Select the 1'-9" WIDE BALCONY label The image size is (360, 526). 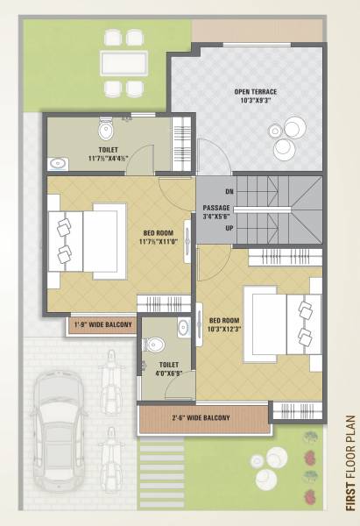(x=102, y=325)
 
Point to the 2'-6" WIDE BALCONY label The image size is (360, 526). (x=201, y=417)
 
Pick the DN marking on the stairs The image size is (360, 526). (x=229, y=190)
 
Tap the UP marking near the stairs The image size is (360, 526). (x=229, y=228)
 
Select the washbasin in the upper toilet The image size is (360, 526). (x=59, y=162)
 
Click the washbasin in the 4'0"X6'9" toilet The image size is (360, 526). (x=182, y=329)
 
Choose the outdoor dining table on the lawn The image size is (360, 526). (x=123, y=62)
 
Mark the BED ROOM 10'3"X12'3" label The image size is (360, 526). (x=224, y=324)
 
